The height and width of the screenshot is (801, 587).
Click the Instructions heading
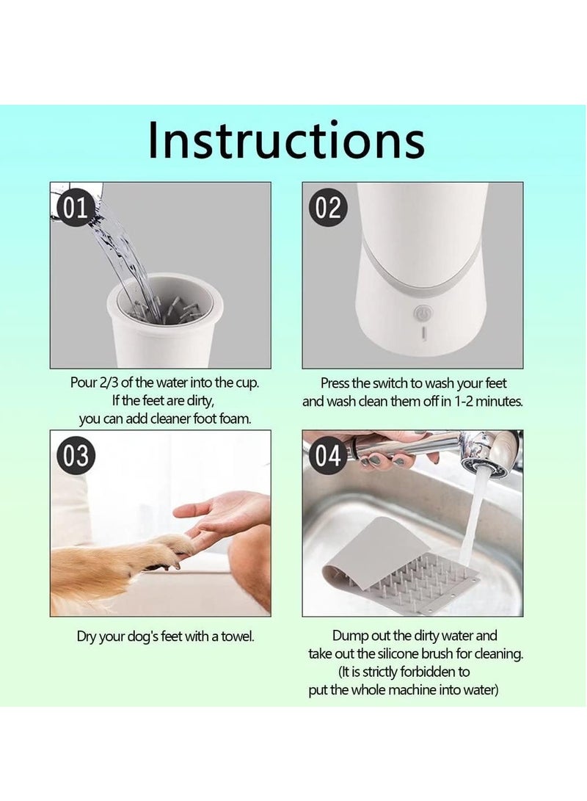(x=286, y=139)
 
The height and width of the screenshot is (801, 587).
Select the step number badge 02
(x=328, y=208)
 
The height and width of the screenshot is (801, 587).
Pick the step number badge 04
(x=328, y=456)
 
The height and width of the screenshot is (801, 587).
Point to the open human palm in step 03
(x=225, y=513)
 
